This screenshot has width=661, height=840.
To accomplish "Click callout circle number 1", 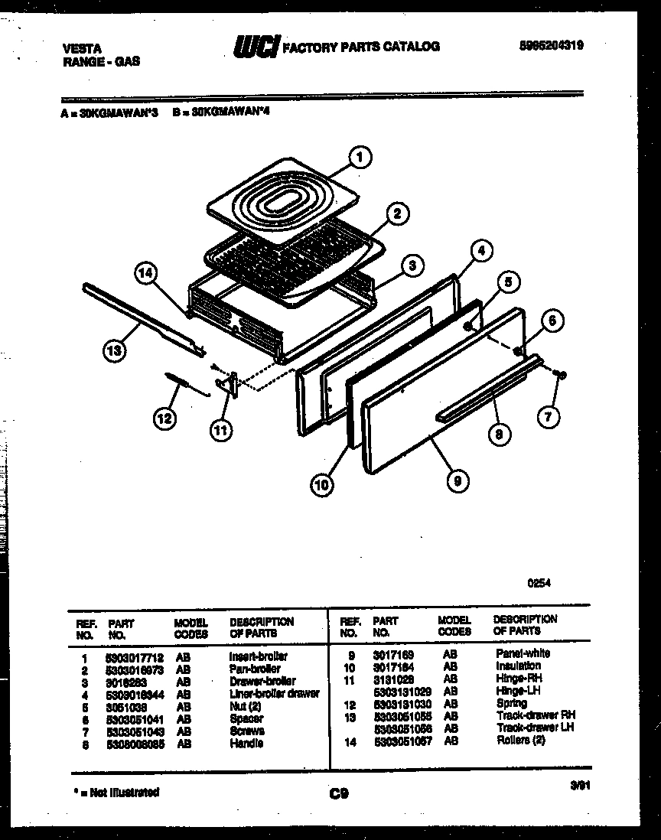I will pyautogui.click(x=357, y=158).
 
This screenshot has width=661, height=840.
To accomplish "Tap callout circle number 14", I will pyautogui.click(x=146, y=272).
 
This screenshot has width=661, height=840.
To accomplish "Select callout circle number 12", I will pyautogui.click(x=164, y=417).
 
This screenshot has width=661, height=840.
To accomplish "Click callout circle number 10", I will pyautogui.click(x=323, y=483).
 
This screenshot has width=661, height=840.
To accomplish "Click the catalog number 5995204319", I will pyautogui.click(x=551, y=45).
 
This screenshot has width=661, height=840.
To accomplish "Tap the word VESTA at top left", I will pyautogui.click(x=80, y=47).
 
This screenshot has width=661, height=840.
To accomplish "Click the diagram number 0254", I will pyautogui.click(x=539, y=582).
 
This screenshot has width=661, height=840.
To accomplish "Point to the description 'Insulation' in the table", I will pyautogui.click(x=518, y=666).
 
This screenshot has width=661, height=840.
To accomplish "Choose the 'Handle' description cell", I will pyautogui.click(x=246, y=743).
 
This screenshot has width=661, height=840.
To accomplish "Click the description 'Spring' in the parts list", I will pyautogui.click(x=511, y=703).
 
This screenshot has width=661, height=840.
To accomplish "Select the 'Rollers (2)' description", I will pyautogui.click(x=520, y=740).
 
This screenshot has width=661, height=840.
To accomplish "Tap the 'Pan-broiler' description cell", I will pyautogui.click(x=255, y=669).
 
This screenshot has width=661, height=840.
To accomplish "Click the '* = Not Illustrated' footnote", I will pyautogui.click(x=117, y=792).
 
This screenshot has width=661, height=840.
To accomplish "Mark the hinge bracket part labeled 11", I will pyautogui.click(x=230, y=385).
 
